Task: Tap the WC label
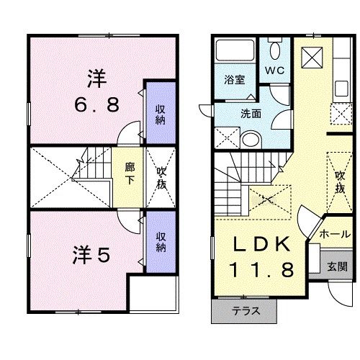[x=274, y=71]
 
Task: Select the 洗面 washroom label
[x=251, y=112]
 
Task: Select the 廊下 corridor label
[x=130, y=173]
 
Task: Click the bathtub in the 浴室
[x=234, y=53]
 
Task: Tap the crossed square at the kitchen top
[x=314, y=55]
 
